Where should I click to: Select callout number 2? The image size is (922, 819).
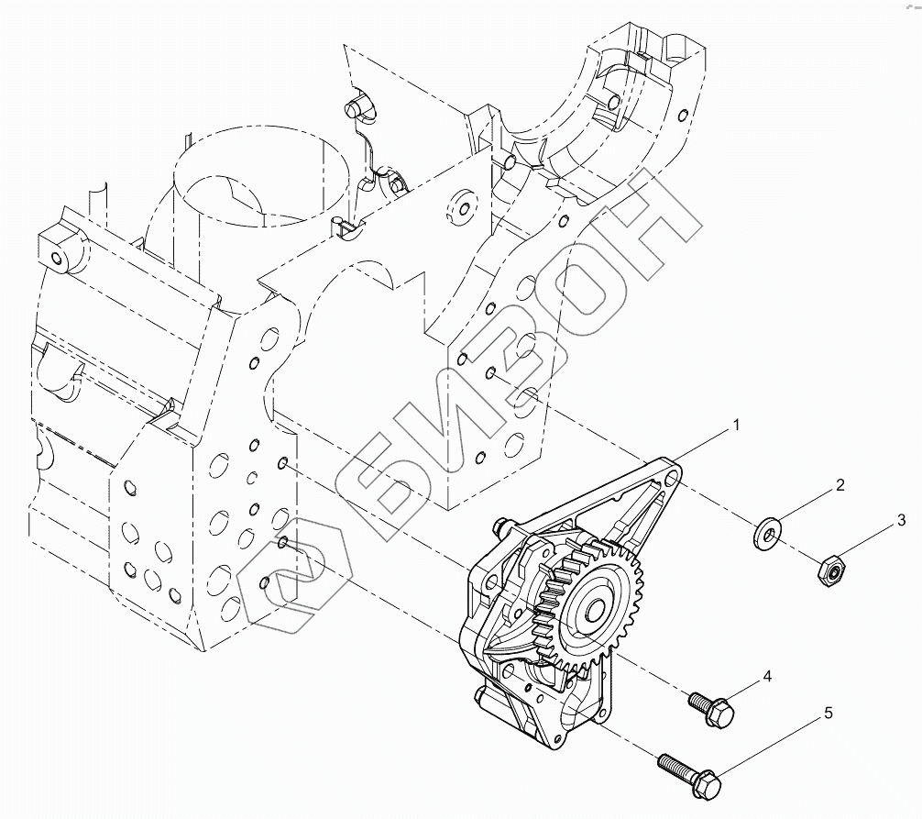tap(840, 485)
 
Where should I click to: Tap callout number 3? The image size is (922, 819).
tap(902, 522)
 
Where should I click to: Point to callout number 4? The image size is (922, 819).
tap(767, 677)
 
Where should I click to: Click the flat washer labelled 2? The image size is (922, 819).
tap(766, 531)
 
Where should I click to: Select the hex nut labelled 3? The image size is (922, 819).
tap(829, 572)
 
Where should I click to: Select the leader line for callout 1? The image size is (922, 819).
tap(706, 448)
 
